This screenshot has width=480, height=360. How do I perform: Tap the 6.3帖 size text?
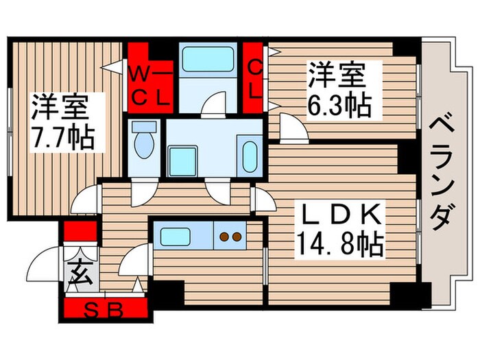(339, 106)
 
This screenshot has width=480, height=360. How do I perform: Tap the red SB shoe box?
(106, 311)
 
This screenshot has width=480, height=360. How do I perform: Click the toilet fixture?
(144, 141)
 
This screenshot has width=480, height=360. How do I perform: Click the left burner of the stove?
(224, 237)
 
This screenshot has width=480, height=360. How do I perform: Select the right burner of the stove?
(236, 237)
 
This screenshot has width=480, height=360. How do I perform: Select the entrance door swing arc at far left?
(45, 262)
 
